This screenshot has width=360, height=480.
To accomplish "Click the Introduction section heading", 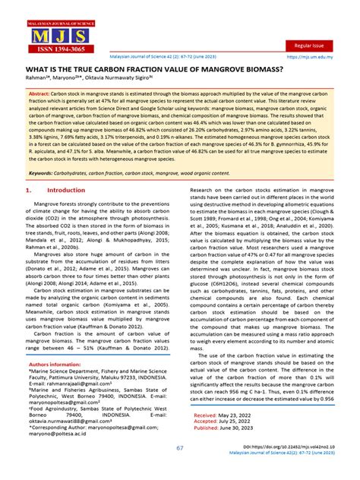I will click(x=67, y=191).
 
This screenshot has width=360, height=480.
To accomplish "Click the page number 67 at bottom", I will click(x=180, y=448).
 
